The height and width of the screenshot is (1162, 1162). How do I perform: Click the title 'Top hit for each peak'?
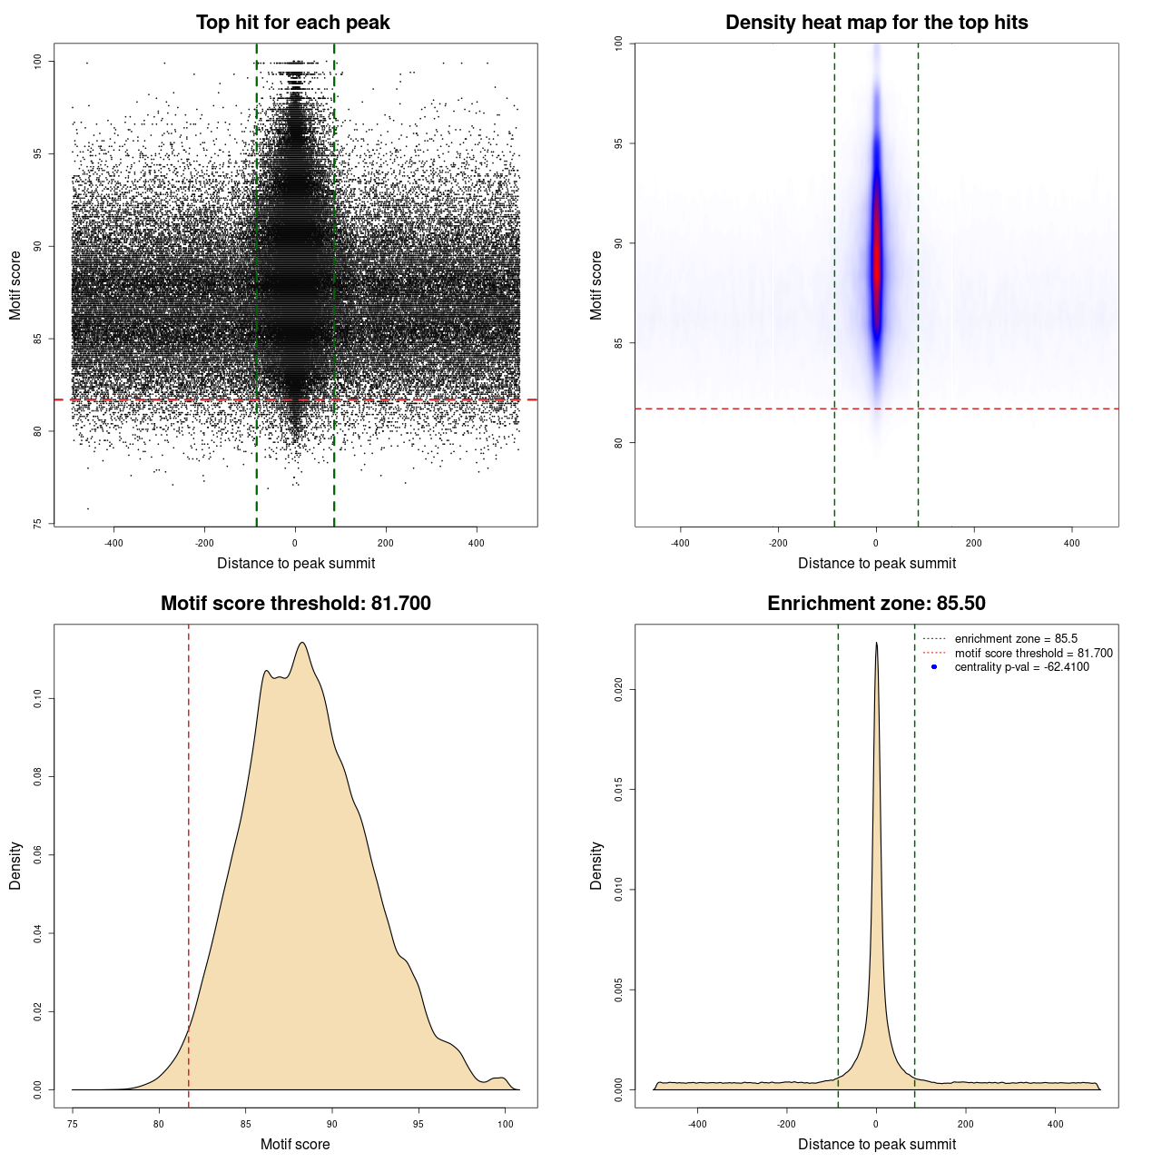(x=292, y=23)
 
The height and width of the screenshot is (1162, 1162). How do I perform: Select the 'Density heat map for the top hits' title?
(x=876, y=23)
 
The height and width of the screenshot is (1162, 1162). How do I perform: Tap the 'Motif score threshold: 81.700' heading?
(x=295, y=604)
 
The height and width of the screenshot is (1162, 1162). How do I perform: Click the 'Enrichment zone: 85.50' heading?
(x=876, y=604)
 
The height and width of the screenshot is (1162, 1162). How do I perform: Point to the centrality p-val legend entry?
(x=1021, y=667)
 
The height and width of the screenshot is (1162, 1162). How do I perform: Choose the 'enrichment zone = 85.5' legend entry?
(x=1016, y=639)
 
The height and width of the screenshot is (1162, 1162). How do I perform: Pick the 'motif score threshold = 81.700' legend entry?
(x=1033, y=654)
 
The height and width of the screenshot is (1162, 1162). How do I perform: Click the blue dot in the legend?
(x=934, y=667)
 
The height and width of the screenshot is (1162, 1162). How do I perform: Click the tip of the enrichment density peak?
(x=876, y=644)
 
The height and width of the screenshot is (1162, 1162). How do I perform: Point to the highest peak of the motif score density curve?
(x=302, y=644)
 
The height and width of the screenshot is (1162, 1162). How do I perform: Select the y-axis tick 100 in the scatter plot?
(x=37, y=61)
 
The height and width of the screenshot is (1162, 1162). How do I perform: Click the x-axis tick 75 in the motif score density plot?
(x=73, y=1124)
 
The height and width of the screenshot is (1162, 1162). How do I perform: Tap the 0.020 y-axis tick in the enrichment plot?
(x=618, y=690)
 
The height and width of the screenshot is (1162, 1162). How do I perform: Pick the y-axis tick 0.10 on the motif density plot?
(x=37, y=698)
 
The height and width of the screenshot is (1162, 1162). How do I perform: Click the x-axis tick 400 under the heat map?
(x=1072, y=543)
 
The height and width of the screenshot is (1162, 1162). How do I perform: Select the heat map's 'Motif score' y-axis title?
(x=596, y=285)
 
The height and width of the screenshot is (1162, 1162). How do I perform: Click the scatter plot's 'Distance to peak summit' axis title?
(x=296, y=564)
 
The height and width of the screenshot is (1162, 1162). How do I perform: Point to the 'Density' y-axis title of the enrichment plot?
(x=596, y=865)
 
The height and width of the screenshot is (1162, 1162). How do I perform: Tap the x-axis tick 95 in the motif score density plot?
(x=419, y=1124)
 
